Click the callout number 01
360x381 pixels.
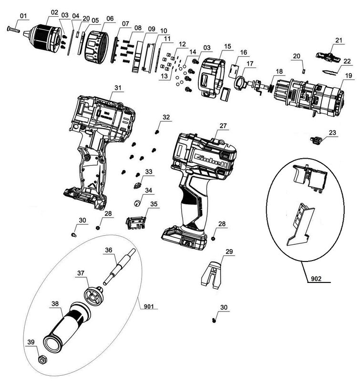click(x=22, y=17)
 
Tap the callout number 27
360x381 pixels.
click(x=223, y=125)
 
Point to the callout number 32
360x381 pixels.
click(x=165, y=117)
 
